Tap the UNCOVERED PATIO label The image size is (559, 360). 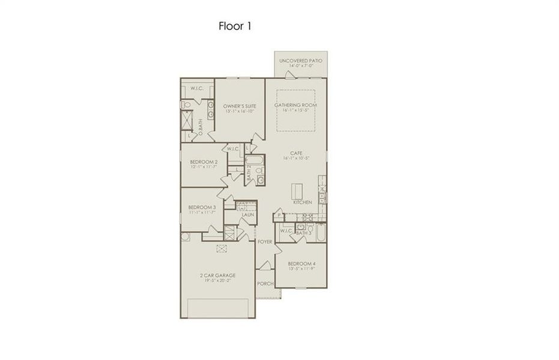[301, 61]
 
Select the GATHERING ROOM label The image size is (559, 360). [295, 106]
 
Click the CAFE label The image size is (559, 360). [295, 154]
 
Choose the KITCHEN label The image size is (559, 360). [302, 203]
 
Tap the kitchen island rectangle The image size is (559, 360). [297, 191]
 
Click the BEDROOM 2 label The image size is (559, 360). [204, 162]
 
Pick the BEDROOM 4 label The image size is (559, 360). [301, 264]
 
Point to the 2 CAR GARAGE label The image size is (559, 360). [217, 275]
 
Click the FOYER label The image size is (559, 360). [265, 242]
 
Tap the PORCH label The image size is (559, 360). [265, 283]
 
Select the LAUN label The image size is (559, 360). [248, 214]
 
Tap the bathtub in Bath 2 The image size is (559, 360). [255, 161]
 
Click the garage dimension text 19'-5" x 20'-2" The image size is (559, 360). [217, 280]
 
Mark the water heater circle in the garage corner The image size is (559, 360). [186, 237]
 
